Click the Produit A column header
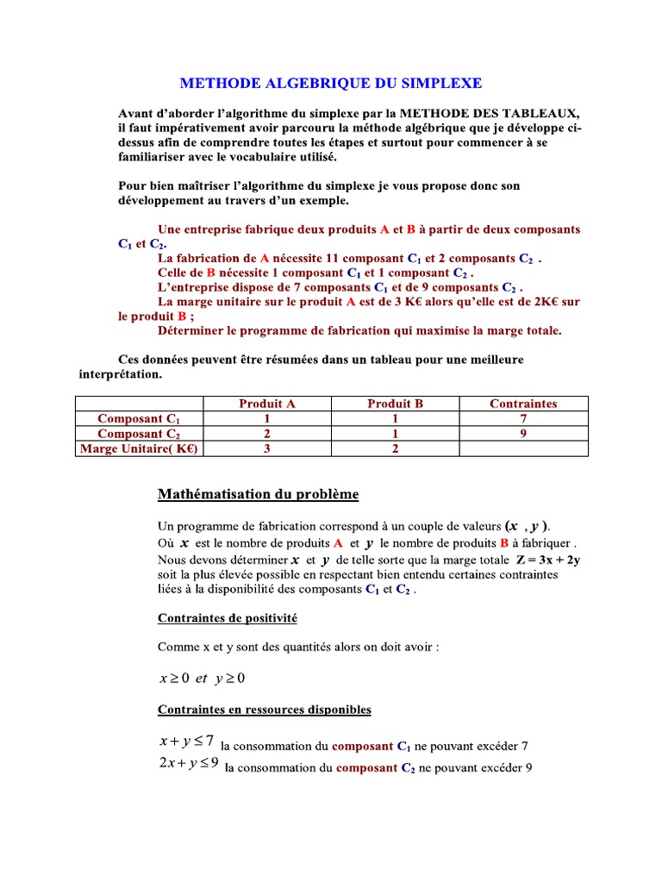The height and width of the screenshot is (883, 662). (267, 404)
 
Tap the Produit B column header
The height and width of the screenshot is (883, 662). (395, 404)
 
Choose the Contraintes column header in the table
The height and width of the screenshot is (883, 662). (523, 404)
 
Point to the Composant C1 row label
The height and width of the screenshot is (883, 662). (139, 418)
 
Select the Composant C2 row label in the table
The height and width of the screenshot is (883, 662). (139, 434)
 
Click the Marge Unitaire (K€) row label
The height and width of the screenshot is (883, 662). (139, 448)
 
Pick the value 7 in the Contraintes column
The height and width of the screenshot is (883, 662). (523, 418)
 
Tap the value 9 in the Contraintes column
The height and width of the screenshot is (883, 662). (523, 434)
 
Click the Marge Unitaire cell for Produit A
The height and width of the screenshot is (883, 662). (267, 448)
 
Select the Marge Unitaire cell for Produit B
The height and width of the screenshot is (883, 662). (395, 448)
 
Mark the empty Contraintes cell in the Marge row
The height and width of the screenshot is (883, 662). (523, 448)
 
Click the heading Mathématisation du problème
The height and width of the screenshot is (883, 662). (258, 494)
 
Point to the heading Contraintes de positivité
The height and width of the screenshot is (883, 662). (228, 618)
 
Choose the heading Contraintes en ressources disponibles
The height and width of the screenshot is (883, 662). (264, 710)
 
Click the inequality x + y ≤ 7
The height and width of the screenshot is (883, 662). (186, 741)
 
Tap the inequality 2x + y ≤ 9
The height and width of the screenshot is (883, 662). (189, 764)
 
